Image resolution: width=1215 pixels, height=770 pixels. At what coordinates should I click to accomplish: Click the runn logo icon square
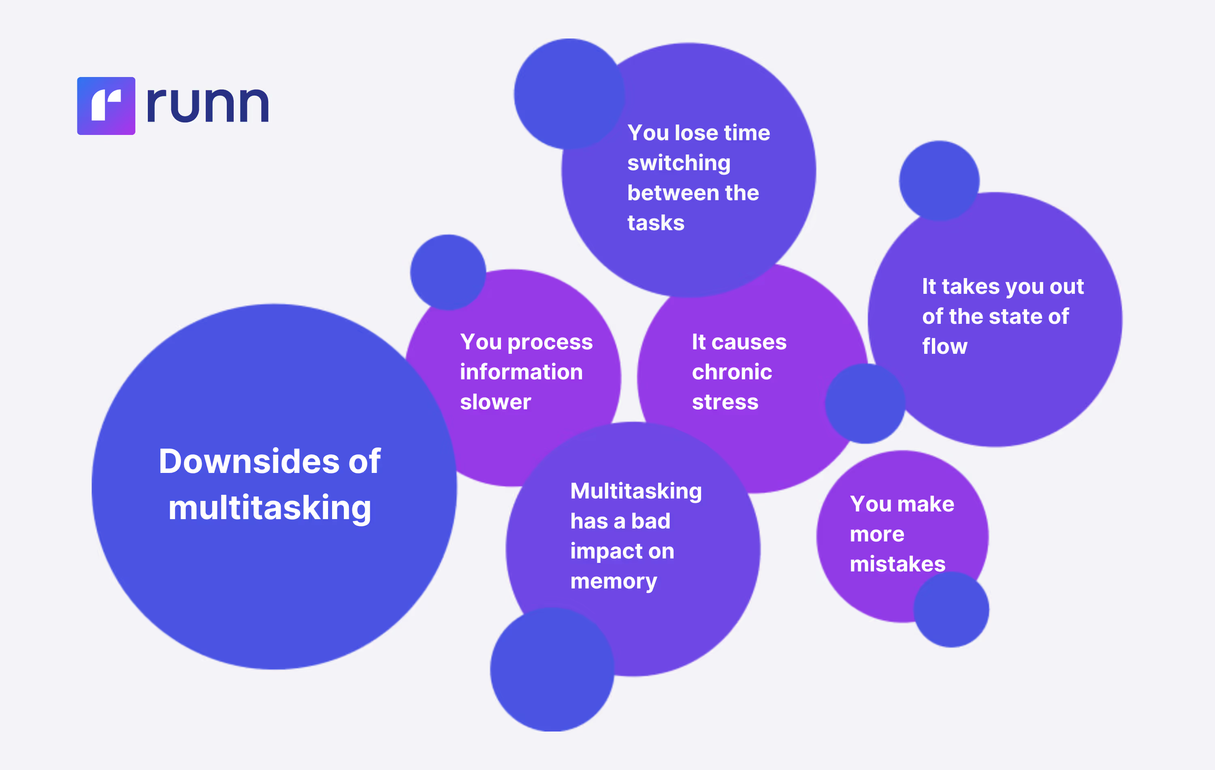[x=106, y=106]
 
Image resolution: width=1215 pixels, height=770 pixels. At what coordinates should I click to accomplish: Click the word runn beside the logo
[x=207, y=105]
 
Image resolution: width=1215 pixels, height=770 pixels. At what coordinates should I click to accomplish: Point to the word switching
[x=679, y=163]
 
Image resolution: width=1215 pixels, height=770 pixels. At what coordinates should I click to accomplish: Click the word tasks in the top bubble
[x=655, y=223]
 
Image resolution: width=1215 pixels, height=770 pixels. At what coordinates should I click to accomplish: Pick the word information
[x=521, y=372]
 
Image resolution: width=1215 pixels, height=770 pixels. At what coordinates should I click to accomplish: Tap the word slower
[x=495, y=402]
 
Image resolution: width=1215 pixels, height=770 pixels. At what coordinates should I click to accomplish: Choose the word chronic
[x=731, y=372]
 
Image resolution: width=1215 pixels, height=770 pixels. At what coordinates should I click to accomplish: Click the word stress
[x=725, y=402]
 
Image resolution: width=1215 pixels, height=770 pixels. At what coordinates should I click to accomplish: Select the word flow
[x=944, y=347]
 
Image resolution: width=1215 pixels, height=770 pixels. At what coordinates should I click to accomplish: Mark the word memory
[x=614, y=582]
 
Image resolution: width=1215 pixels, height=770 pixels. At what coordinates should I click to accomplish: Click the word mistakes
[x=897, y=564]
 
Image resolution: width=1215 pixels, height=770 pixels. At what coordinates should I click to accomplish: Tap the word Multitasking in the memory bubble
[x=636, y=491]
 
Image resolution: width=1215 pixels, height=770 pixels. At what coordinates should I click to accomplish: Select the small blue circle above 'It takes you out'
[x=939, y=181]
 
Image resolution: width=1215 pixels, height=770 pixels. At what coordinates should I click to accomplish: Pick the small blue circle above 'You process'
[x=448, y=272]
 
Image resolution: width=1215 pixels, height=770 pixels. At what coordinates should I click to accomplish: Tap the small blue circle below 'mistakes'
[x=951, y=610]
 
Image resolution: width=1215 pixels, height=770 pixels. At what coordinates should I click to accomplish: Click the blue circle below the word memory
[x=552, y=669]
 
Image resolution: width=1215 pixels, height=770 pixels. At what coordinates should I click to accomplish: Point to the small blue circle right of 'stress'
[x=865, y=404]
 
